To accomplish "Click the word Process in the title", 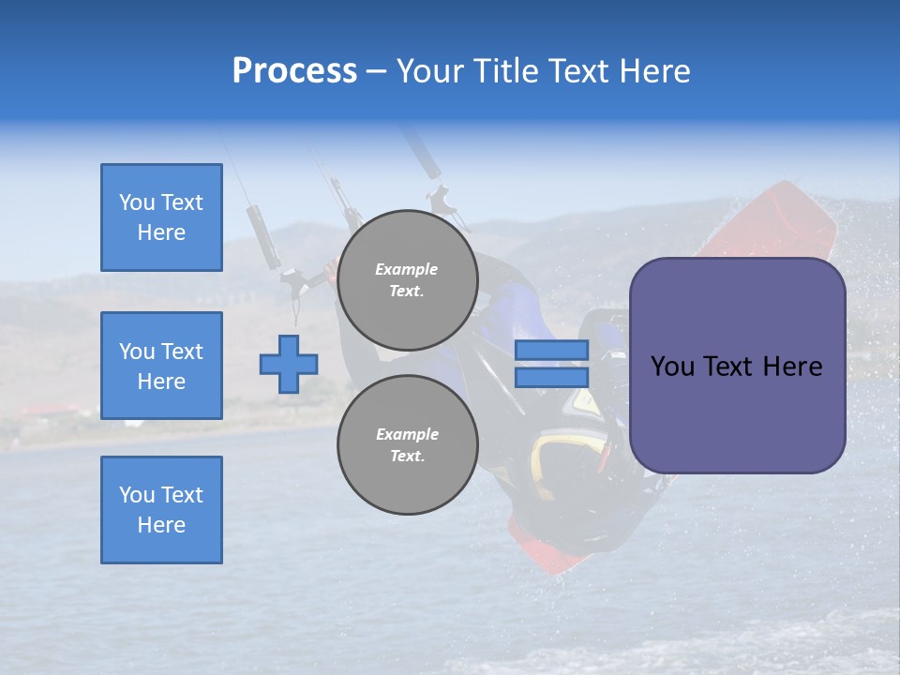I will tap(294, 71).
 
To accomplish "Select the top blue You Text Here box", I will tap(161, 217).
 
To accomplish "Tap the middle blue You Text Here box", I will tap(161, 366).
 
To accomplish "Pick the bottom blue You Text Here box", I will tap(161, 510).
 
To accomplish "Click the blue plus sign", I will tap(289, 364).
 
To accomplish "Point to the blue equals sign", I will tap(551, 364).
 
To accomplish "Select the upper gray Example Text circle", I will tap(407, 280).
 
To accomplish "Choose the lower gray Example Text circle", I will tap(407, 445).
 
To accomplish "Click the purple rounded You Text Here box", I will tap(737, 366).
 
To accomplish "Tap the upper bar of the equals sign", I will tap(551, 350).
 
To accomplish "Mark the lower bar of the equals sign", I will tap(551, 378).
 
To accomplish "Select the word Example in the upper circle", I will tap(407, 269).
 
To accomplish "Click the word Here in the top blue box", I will tap(161, 232).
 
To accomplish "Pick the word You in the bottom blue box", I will tap(137, 495).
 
